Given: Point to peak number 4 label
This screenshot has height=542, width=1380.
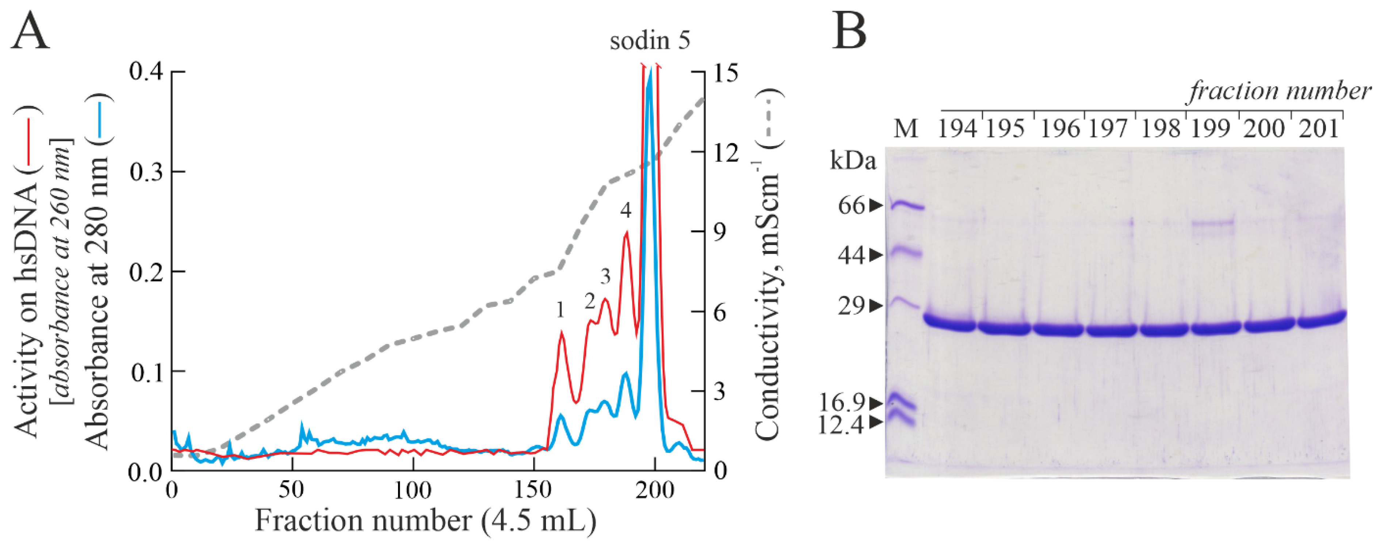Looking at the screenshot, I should coord(626,211).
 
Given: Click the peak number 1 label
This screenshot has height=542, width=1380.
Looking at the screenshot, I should coord(560,310).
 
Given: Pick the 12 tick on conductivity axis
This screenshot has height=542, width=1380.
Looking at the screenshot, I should coord(723,152).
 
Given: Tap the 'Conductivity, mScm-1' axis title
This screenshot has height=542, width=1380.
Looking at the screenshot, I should coord(767,268).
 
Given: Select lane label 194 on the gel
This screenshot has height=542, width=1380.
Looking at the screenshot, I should coord(957,129).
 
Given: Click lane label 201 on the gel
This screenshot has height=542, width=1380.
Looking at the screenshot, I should coord(1319,129).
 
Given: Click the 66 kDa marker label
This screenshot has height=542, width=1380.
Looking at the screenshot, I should coord(852,206).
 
